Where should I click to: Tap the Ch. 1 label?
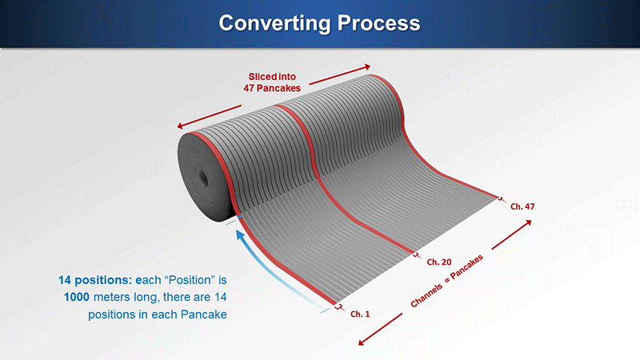coord(360,314)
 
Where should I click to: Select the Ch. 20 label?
coord(439,262)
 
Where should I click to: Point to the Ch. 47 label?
coord(522,206)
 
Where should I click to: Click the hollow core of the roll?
coord(203,179)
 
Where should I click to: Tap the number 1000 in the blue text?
coord(76,297)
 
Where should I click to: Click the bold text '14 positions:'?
coord(94,280)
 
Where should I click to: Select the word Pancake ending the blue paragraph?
coord(204,314)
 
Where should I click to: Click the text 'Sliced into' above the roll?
coord(272,76)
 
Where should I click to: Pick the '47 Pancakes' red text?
coord(272,88)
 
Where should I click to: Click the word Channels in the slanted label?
coord(426,295)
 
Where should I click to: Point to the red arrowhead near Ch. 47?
coord(529,222)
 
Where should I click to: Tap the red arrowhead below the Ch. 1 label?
coord(361,342)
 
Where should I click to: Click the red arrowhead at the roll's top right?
coord(367,66)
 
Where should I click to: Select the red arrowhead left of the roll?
coord(180,126)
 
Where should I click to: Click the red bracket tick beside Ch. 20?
coord(416,255)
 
